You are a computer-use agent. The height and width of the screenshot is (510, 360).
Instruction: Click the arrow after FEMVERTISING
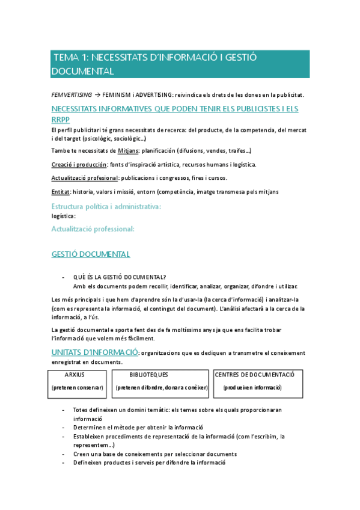click(98, 94)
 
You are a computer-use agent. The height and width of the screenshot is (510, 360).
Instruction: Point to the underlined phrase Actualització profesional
click(85, 178)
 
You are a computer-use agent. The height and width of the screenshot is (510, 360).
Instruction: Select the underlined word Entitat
click(61, 192)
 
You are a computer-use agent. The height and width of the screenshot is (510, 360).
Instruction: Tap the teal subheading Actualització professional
click(93, 229)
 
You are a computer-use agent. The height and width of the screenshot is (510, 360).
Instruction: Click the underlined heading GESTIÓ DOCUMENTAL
click(91, 254)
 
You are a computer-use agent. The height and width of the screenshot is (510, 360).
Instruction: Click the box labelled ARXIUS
click(78, 381)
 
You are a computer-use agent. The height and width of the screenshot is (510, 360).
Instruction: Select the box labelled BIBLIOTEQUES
click(160, 381)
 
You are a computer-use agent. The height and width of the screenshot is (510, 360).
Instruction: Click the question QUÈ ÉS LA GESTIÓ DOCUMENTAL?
click(120, 277)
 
